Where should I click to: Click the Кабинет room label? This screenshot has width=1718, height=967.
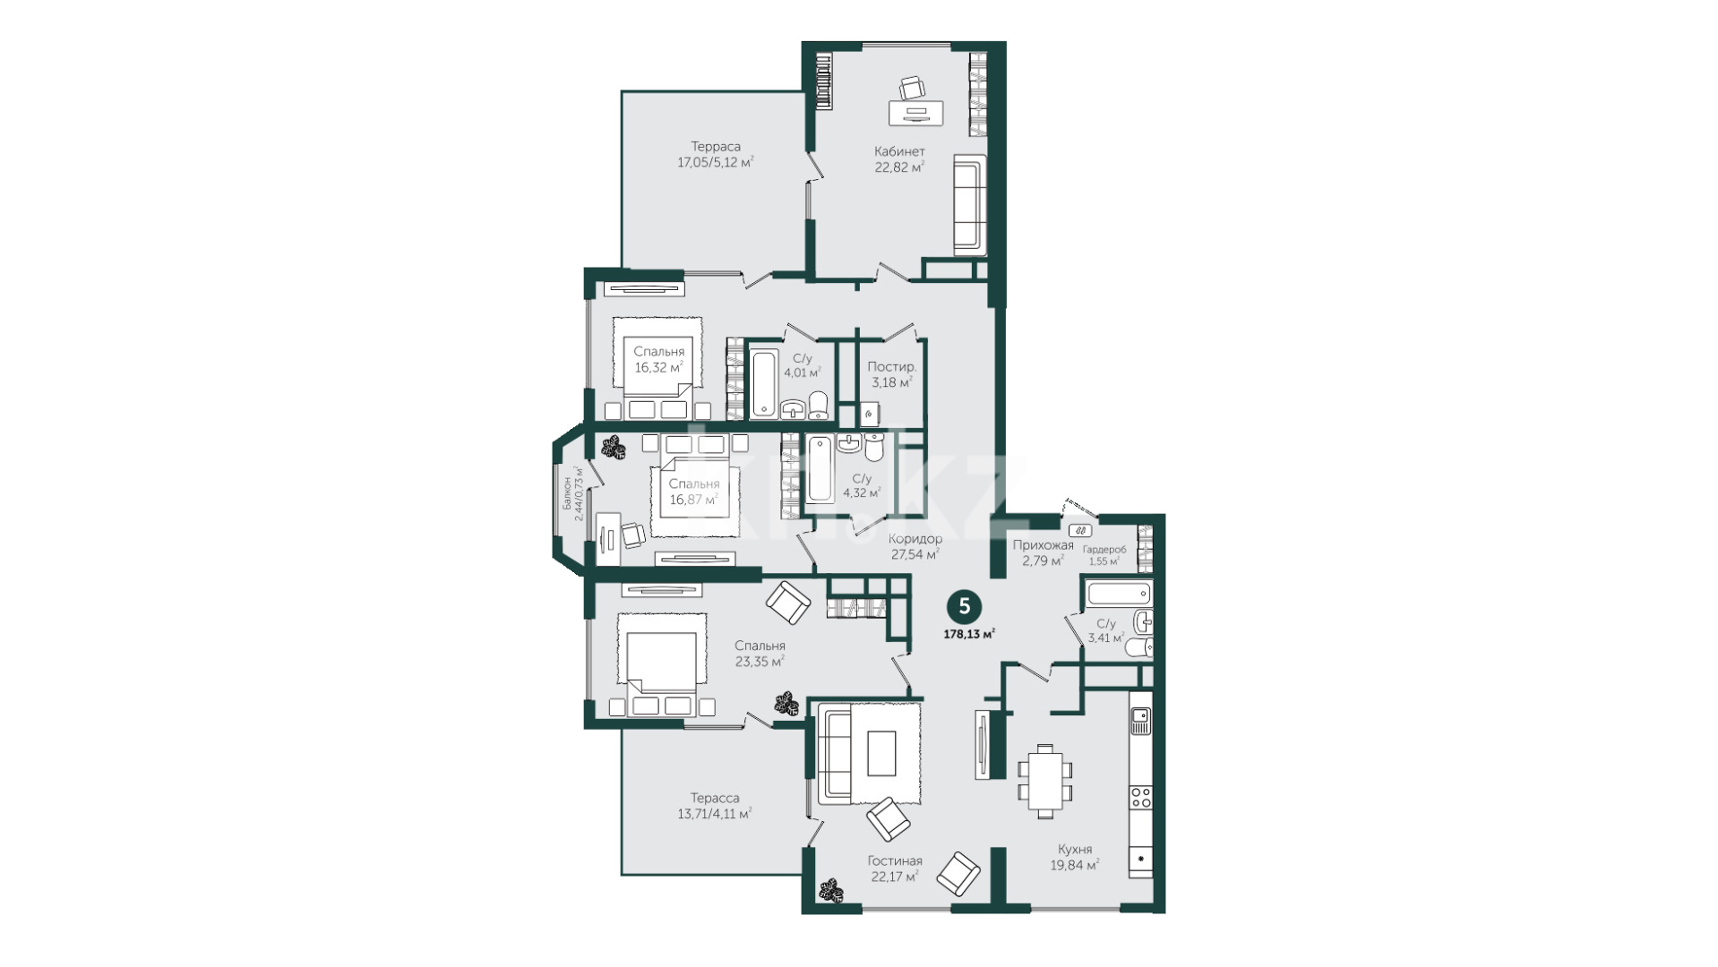(x=899, y=151)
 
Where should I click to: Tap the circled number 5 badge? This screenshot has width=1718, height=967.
(x=965, y=606)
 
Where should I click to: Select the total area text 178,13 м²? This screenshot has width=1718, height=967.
(x=969, y=634)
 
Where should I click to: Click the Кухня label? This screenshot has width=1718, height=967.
(x=1074, y=849)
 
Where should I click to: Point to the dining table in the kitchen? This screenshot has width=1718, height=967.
(x=1045, y=780)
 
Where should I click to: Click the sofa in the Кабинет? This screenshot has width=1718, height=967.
(x=969, y=205)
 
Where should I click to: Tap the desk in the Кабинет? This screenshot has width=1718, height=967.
(x=915, y=113)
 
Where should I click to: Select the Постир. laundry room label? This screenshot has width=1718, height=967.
(x=892, y=367)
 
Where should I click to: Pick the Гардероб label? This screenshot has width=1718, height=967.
(x=1104, y=549)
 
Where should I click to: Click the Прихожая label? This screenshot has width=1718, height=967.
(x=1043, y=544)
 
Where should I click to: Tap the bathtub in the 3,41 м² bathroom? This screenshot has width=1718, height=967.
(x=1119, y=593)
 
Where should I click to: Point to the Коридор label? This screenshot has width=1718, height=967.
(x=915, y=539)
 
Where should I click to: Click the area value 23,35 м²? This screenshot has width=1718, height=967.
(x=760, y=662)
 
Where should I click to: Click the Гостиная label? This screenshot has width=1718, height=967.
(x=895, y=861)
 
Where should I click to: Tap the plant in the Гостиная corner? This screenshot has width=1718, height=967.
(x=831, y=891)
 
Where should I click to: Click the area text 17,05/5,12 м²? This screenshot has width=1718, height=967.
(x=715, y=162)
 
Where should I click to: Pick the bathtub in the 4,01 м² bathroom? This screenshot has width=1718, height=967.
(x=764, y=382)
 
